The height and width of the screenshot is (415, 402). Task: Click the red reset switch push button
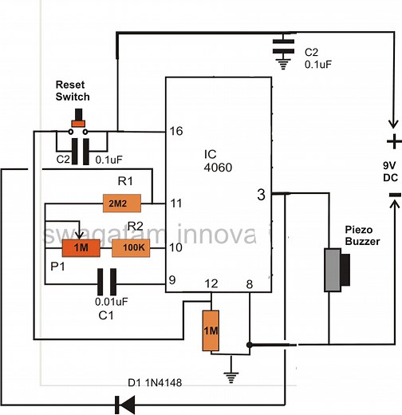pyautogui.click(x=78, y=123)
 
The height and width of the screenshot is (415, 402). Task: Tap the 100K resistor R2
pyautogui.click(x=129, y=248)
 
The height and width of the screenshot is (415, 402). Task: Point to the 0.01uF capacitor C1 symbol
pyautogui.click(x=107, y=280)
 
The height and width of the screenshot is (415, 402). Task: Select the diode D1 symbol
pyautogui.click(x=124, y=405)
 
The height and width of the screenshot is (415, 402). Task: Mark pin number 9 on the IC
pyautogui.click(x=171, y=280)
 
